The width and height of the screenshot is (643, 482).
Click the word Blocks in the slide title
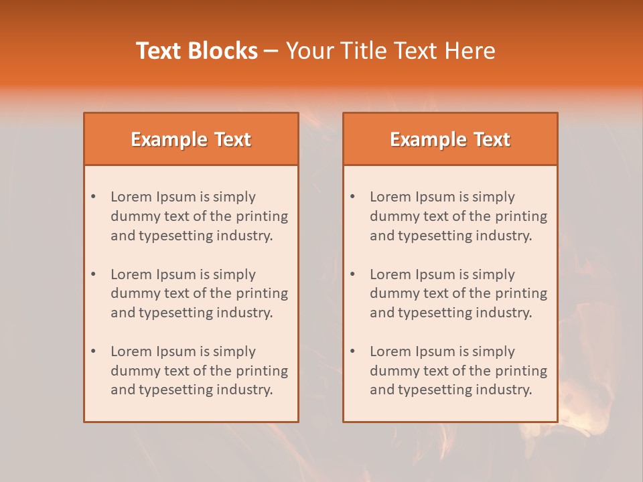[x=223, y=51]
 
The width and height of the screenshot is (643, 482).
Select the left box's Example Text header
[x=191, y=139]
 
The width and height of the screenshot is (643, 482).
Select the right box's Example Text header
[x=450, y=139]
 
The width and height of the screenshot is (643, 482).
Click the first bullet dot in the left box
[x=93, y=197]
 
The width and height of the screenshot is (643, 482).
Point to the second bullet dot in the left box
[x=93, y=274]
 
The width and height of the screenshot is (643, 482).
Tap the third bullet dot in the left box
[x=93, y=351]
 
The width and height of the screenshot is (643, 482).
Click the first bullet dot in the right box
[x=352, y=197]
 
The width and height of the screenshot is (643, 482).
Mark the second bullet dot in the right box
[x=352, y=274]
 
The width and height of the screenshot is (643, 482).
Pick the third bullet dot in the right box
[x=352, y=351]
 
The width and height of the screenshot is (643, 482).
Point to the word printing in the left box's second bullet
[x=262, y=293]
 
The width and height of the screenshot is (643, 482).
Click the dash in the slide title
[x=271, y=51]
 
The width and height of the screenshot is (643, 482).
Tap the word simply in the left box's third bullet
[x=235, y=351]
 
